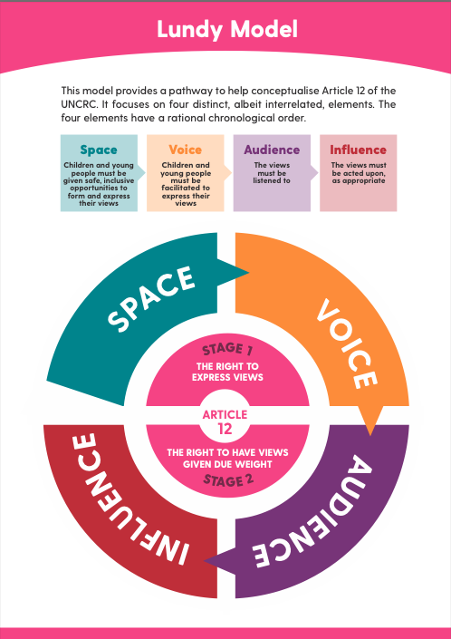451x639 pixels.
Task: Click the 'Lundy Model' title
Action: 227,30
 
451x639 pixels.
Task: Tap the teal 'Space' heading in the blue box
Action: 99,150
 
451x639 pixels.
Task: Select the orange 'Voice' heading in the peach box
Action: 186,150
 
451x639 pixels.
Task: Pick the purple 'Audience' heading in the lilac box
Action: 272,150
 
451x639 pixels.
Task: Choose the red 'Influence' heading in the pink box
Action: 359,150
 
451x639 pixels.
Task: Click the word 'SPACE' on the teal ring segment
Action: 150,299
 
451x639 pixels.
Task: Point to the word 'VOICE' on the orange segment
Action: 347,344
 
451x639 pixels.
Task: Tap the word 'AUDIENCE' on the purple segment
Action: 312,512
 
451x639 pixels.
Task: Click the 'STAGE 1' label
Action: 227,349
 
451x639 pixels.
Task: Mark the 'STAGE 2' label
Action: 228,480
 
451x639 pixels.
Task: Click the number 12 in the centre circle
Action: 225,429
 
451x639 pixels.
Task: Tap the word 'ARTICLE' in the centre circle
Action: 225,414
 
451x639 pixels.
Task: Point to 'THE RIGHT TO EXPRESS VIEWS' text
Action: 227,372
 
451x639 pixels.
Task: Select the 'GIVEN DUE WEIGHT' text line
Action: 227,464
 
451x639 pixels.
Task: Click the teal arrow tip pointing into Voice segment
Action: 248,272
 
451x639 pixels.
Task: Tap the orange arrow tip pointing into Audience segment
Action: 370,435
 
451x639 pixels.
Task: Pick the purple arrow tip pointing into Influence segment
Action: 205,561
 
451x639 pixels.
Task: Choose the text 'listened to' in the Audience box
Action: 272,180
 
